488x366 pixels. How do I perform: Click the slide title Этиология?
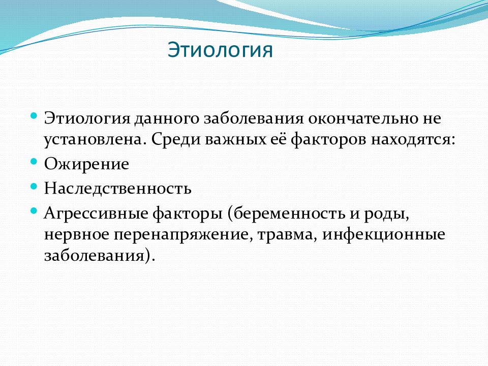click(x=220, y=50)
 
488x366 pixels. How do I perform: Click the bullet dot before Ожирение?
click(x=34, y=162)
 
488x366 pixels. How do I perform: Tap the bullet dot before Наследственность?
click(x=34, y=187)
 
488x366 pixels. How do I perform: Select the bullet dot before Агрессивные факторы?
click(x=34, y=211)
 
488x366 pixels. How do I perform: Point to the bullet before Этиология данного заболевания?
click(x=34, y=116)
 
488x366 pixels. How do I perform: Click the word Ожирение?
click(x=86, y=164)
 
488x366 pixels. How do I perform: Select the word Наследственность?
click(x=117, y=188)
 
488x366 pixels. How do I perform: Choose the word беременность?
click(x=289, y=213)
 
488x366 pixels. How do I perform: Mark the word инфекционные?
click(x=383, y=235)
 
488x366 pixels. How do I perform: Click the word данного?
click(x=167, y=119)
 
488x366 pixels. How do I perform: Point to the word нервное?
click(x=77, y=235)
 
